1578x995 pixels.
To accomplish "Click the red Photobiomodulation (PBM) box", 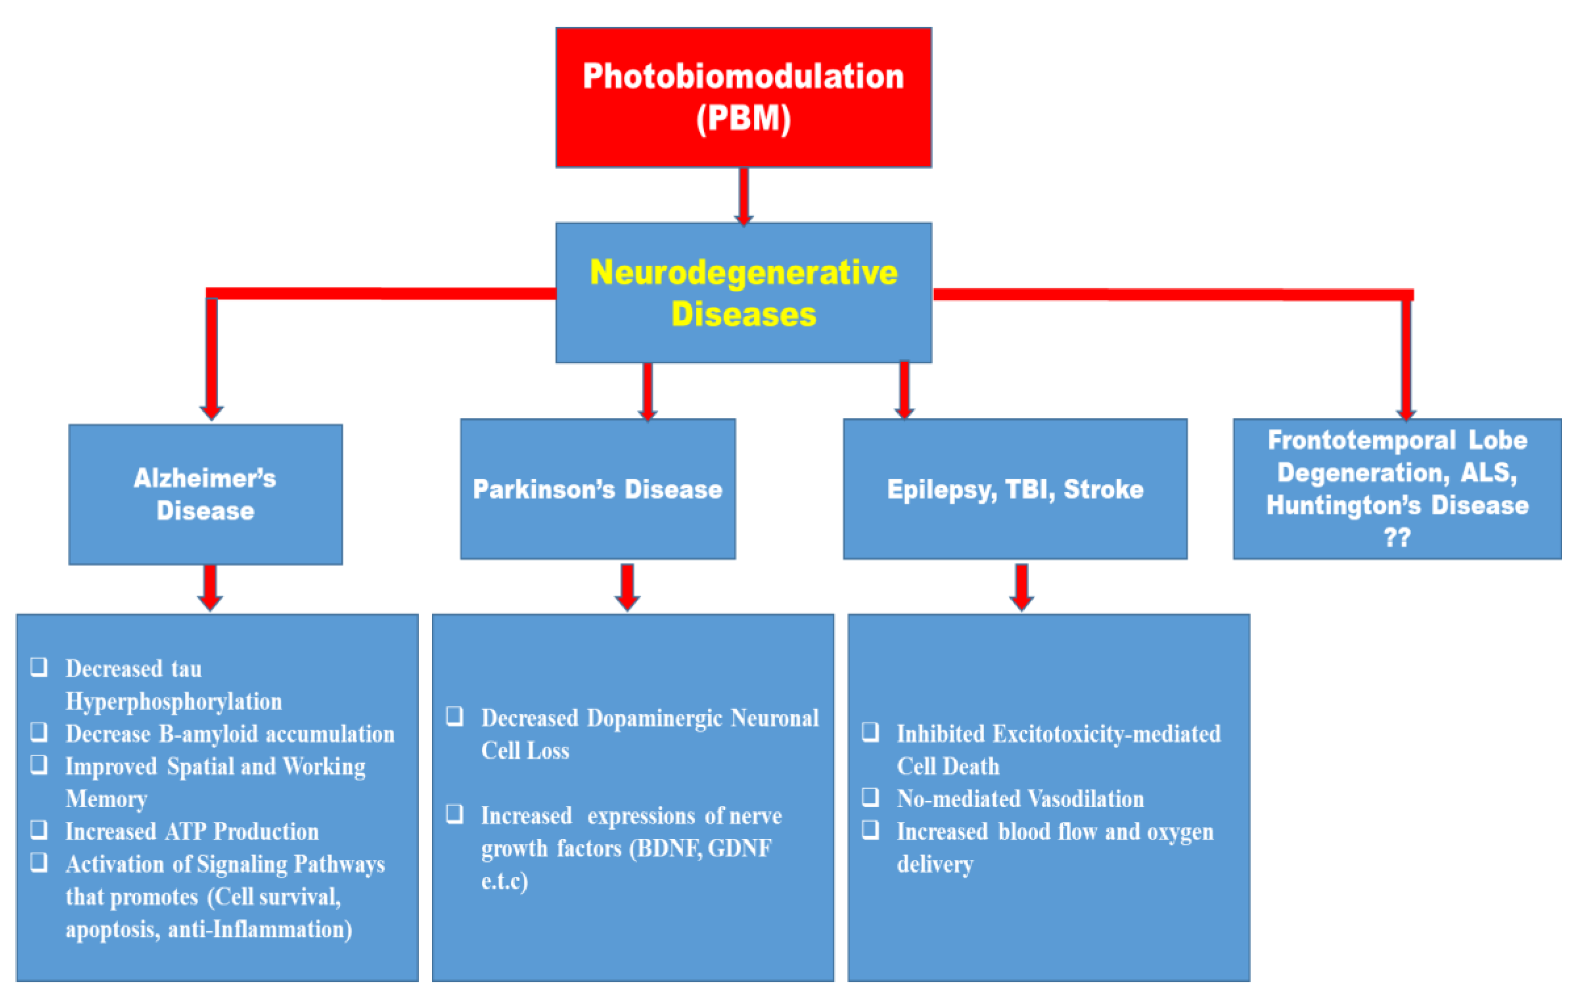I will click(743, 97).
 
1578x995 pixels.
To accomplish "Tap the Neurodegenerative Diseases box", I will click(743, 292).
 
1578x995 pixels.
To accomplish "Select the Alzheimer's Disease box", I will click(205, 494).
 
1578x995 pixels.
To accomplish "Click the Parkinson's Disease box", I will click(597, 489).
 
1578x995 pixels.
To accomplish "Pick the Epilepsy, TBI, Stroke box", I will click(1015, 489).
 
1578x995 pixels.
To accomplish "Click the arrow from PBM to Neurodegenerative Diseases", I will click(743, 195).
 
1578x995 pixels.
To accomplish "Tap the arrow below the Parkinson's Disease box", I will click(627, 586).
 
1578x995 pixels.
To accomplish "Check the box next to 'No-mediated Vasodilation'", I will click(870, 796).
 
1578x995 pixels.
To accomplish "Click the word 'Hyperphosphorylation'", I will click(174, 701).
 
